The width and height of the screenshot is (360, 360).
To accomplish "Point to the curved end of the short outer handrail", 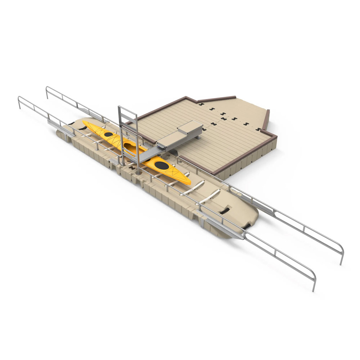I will click(20, 99).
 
